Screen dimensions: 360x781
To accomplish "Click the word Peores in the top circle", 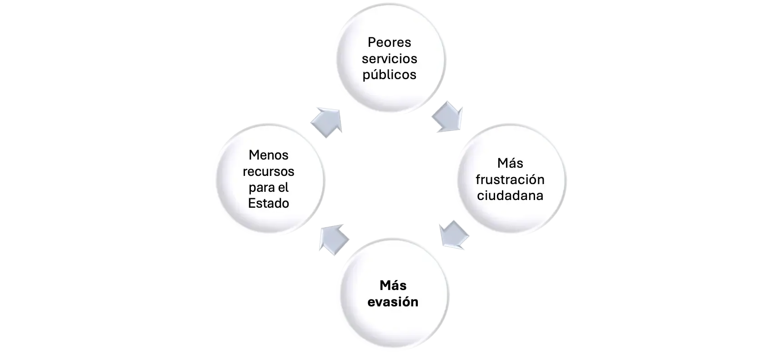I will click(389, 42).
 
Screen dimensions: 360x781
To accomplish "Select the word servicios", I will click(389, 59).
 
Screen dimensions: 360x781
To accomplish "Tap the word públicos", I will click(389, 75).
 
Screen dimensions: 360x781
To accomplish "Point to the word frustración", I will click(510, 180).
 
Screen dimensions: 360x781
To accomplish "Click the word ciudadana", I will click(510, 196).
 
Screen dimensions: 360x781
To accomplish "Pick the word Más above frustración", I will click(510, 163).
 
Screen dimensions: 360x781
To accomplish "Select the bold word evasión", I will click(393, 302).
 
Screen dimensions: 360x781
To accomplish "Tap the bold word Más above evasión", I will click(393, 285).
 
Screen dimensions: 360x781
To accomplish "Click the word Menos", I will click(269, 155).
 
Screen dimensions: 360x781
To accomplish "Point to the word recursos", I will click(269, 171).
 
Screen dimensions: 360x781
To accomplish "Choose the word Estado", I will click(269, 203).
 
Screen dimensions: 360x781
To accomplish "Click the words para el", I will click(269, 187).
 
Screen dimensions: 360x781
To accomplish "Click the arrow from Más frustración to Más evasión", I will click(454, 235).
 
